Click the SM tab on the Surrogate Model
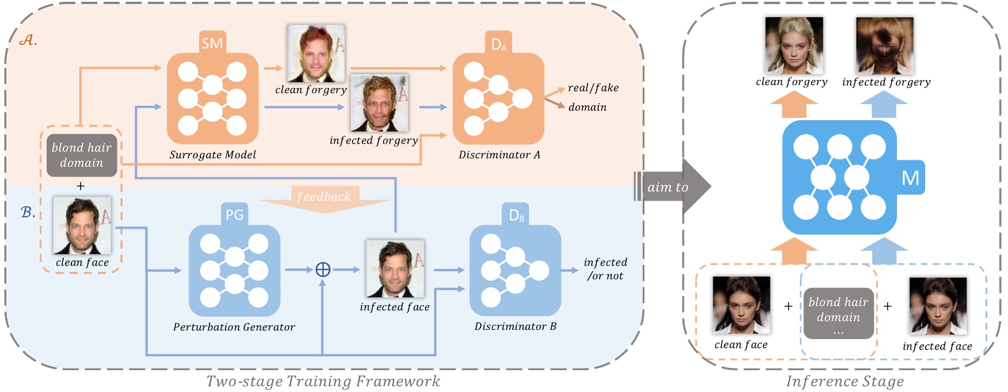tap(212, 43)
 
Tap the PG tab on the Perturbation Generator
tap(234, 215)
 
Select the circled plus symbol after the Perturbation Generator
tap(323, 269)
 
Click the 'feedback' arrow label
tap(323, 197)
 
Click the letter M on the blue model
tap(910, 178)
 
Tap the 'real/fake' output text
tap(593, 88)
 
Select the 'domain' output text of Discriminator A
tap(587, 107)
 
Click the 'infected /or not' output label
tap(605, 269)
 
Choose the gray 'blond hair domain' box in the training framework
tap(82, 155)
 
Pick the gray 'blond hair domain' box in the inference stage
tap(838, 313)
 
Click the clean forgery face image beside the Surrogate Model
tap(316, 53)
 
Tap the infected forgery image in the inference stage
tap(884, 45)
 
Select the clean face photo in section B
tap(82, 225)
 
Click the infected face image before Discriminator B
tap(395, 268)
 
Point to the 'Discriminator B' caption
tap(515, 326)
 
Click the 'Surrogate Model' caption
tap(212, 155)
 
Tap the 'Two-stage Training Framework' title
tap(323, 382)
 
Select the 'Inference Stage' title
tap(845, 382)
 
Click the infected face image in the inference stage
tap(937, 306)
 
